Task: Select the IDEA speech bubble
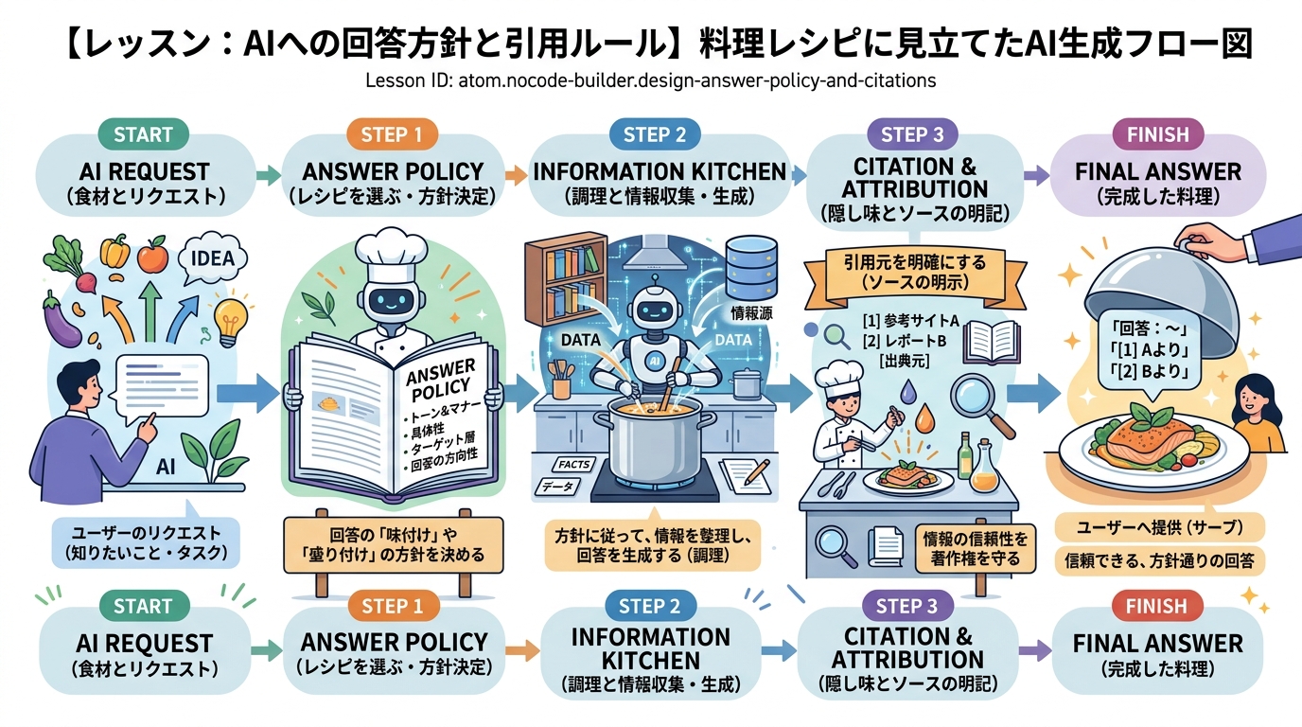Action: (211, 258)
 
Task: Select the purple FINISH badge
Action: (1157, 134)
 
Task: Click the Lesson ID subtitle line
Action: (650, 80)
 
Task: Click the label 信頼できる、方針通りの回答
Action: (1159, 560)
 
